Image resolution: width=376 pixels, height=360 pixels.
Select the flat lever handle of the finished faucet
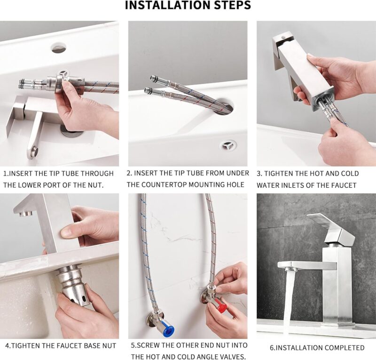[x=329, y=221]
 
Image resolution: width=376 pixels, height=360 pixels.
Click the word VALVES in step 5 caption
[x=231, y=357]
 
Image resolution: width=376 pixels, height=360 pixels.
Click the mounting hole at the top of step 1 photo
[x=58, y=48]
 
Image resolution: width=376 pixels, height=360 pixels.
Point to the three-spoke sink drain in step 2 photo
[x=228, y=145]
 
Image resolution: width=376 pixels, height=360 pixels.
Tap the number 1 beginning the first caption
[x=5, y=174]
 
